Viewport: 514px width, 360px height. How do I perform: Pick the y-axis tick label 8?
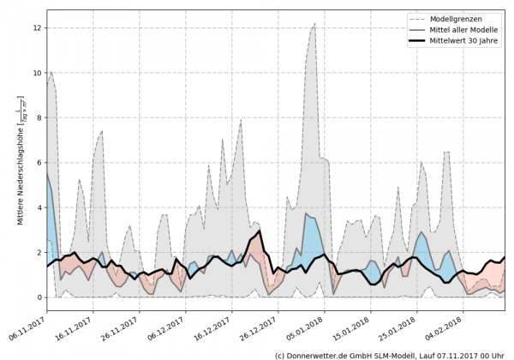(39, 118)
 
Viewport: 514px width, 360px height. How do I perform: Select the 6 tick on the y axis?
(39, 163)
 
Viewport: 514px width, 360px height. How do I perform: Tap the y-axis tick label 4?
(39, 207)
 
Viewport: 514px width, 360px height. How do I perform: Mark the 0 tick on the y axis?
(39, 297)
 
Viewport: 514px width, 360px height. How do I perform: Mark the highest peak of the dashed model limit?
(314, 24)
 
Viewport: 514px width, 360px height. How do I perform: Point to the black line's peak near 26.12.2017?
(259, 231)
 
